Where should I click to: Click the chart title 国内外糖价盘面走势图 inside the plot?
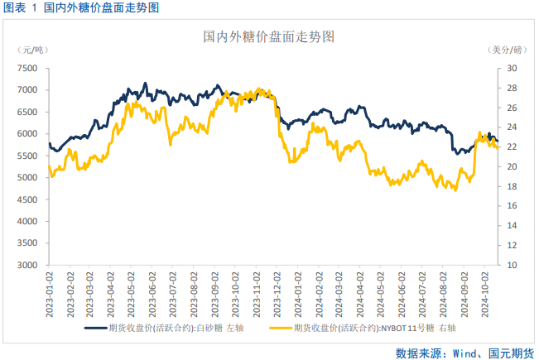(269, 37)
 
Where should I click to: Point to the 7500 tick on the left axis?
(27, 68)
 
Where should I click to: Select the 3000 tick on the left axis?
(27, 265)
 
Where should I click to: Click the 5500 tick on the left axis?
(27, 156)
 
